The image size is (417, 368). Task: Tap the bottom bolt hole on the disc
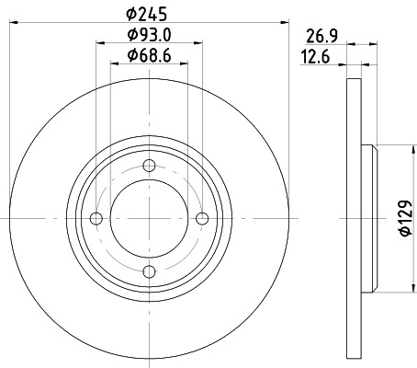149,270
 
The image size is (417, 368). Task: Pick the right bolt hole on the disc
201,218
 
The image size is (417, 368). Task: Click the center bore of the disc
149,218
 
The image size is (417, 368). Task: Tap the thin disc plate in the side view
355,218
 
